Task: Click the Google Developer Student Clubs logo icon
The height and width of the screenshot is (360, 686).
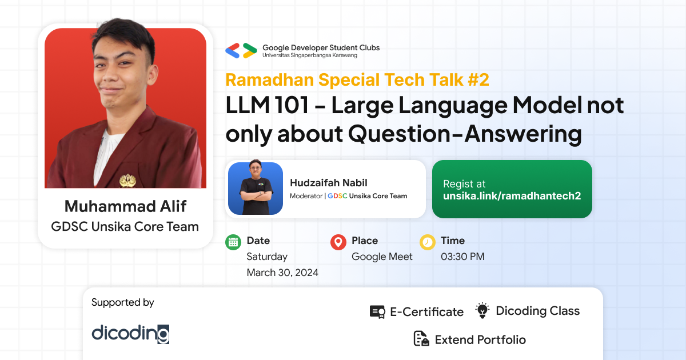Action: coord(241,50)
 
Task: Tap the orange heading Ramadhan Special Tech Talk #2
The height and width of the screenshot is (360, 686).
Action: coord(357,80)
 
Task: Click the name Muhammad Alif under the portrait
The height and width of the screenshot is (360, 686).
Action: coord(125,206)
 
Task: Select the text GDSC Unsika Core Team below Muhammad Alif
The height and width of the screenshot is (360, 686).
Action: coord(125,227)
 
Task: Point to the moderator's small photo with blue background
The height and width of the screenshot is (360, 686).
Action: coord(256,187)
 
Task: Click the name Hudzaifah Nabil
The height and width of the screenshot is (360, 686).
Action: coord(329,183)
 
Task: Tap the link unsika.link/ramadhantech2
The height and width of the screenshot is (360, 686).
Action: coord(512,196)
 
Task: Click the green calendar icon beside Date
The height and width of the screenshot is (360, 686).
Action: coord(233,242)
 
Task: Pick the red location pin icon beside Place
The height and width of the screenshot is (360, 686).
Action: coord(338,242)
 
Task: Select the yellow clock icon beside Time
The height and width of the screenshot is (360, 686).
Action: coord(427,242)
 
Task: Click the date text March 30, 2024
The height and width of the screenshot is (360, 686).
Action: coord(282,273)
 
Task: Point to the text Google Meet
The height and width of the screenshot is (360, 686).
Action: coord(382,257)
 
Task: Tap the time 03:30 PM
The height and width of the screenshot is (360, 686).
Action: coord(462,257)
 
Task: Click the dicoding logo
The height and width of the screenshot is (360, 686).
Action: coord(130,334)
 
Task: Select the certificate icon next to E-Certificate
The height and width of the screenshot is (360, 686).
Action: coord(377,312)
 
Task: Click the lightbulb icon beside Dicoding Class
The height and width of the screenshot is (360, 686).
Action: coord(482,310)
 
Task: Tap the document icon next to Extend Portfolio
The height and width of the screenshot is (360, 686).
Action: coord(421,338)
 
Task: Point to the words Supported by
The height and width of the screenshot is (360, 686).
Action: coord(123,302)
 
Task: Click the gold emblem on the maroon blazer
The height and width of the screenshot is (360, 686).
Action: coord(127,181)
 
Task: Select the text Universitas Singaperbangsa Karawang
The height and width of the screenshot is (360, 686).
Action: coord(310,55)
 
